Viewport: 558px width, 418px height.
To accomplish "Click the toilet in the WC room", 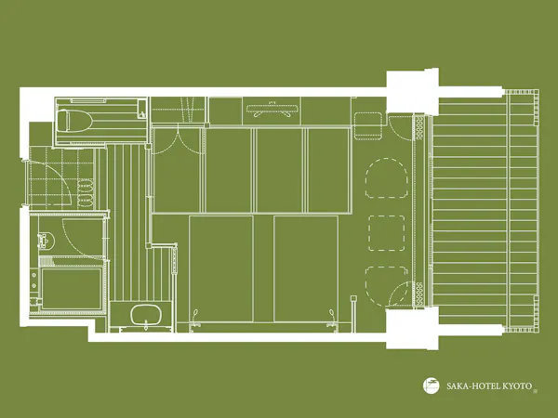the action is pyautogui.click(x=74, y=121).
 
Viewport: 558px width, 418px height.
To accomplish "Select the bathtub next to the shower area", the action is pyautogui.click(x=72, y=289).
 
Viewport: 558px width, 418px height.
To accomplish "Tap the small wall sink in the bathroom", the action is pyautogui.click(x=46, y=241).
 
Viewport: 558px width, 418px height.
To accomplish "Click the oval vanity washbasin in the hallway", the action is pyautogui.click(x=146, y=315).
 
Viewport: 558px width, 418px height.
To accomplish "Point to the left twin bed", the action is pyautogui.click(x=221, y=268).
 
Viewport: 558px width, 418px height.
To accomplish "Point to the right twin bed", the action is pyautogui.click(x=306, y=268).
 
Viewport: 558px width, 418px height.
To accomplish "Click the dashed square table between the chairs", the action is pyautogui.click(x=387, y=233).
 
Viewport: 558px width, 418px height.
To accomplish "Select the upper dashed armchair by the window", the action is pyautogui.click(x=387, y=177).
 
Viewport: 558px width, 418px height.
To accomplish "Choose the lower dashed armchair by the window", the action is pyautogui.click(x=387, y=285).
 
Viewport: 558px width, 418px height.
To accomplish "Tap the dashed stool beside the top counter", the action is pyautogui.click(x=368, y=125).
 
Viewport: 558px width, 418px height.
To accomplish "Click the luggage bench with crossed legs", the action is pyautogui.click(x=272, y=110).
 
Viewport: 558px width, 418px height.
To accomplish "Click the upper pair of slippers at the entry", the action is pyautogui.click(x=85, y=186).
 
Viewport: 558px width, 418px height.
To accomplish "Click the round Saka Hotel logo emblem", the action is pyautogui.click(x=432, y=385).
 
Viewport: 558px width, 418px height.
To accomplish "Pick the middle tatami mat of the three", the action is pyautogui.click(x=279, y=170).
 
